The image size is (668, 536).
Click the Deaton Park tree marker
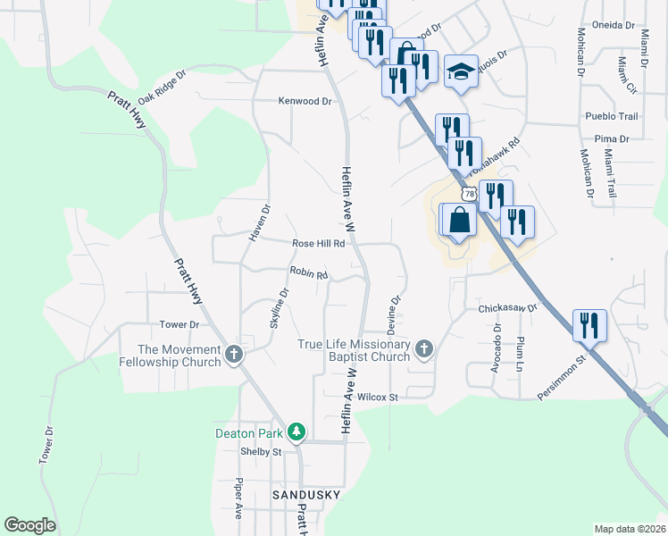point(297,433)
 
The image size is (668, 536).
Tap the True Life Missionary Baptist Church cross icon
point(423,349)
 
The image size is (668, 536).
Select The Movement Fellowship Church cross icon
point(234,355)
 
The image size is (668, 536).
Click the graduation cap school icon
point(460,72)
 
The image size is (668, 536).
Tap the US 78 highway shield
point(470,194)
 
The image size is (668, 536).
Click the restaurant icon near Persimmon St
point(589,325)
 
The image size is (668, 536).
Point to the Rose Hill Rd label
point(319,244)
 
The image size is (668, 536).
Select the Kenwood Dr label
point(305,102)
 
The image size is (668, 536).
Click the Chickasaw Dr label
point(506,308)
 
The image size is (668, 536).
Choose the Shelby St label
point(261,452)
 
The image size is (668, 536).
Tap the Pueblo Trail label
point(612,117)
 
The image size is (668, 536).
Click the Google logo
point(29,525)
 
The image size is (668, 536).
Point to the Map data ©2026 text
point(630,529)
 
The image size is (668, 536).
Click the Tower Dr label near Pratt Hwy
point(178,324)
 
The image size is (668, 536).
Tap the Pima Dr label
point(612,139)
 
